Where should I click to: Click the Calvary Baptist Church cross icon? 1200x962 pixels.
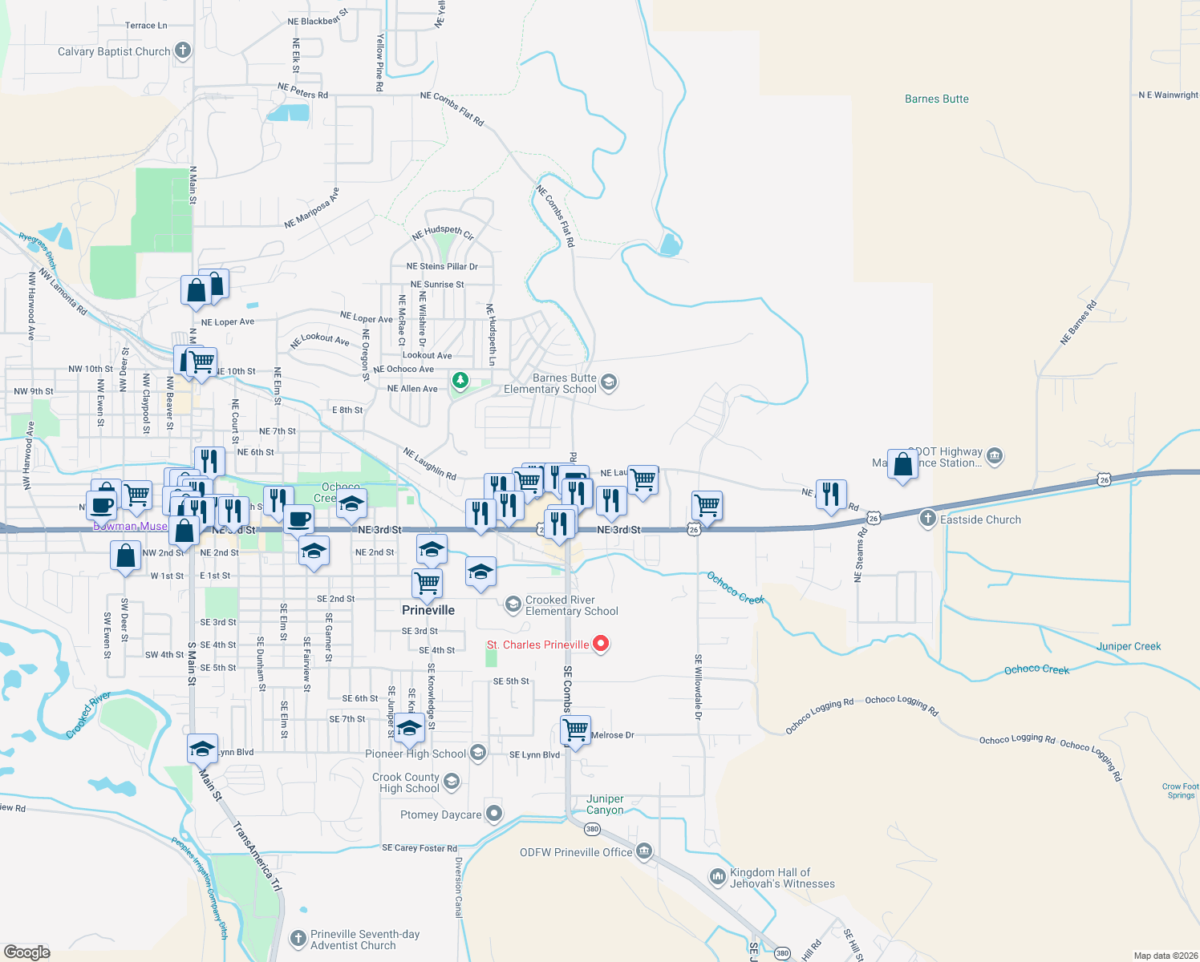click(183, 51)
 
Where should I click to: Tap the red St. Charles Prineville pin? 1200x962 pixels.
click(600, 644)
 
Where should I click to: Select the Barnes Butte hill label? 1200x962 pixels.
click(936, 99)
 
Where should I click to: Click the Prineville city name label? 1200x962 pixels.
click(428, 610)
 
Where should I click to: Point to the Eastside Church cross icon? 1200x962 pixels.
click(928, 519)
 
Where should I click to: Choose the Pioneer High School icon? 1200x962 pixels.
click(478, 753)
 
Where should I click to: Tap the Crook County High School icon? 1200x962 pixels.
click(452, 782)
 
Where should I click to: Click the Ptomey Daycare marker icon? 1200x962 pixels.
click(494, 814)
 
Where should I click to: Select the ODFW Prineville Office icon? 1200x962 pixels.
click(644, 851)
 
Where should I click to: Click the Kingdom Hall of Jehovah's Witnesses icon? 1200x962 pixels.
click(717, 877)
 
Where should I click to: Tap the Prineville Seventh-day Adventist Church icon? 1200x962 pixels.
click(298, 939)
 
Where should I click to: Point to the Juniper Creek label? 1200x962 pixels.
click(1128, 646)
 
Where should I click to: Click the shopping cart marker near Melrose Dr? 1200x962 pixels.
click(575, 730)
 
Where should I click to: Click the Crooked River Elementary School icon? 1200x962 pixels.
click(513, 604)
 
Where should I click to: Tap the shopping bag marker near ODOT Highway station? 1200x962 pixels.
click(903, 464)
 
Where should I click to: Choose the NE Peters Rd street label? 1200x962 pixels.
click(302, 91)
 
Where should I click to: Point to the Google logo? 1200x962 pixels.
click(27, 952)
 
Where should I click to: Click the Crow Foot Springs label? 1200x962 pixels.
click(1180, 790)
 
